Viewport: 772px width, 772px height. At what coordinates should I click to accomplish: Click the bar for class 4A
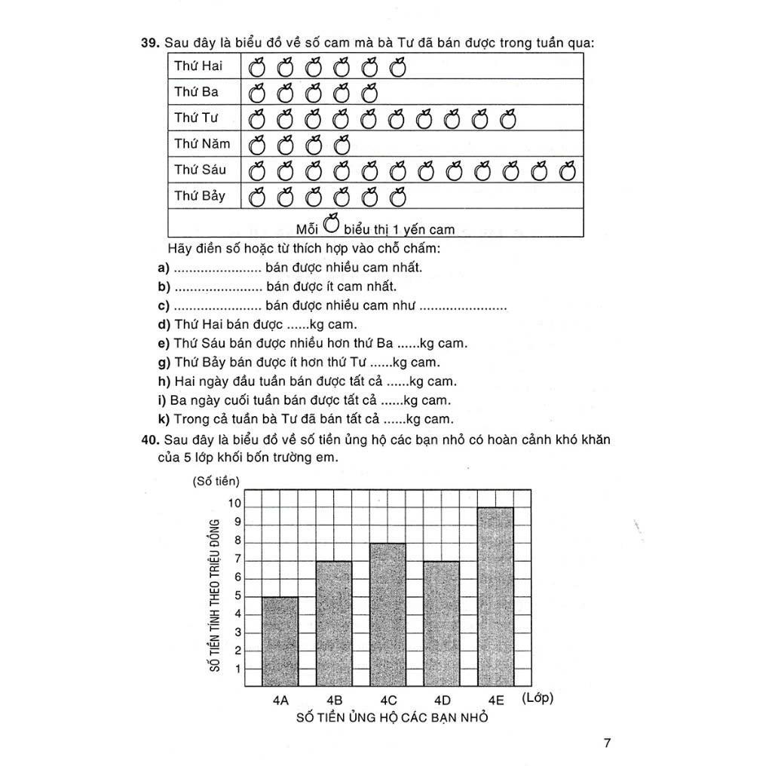(280, 642)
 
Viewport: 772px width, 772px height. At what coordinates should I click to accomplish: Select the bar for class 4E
(495, 597)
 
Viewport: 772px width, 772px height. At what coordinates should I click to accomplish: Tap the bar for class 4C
(388, 615)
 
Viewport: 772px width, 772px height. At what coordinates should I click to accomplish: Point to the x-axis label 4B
(335, 700)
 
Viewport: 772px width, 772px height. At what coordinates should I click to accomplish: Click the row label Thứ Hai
(198, 66)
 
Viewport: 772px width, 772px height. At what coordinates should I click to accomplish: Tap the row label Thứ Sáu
(200, 170)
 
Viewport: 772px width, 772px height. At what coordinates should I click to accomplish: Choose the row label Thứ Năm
(202, 143)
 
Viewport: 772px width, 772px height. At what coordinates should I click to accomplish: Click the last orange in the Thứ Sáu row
(568, 171)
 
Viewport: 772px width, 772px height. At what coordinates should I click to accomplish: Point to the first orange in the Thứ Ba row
(258, 93)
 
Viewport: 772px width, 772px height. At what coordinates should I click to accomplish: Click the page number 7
(607, 743)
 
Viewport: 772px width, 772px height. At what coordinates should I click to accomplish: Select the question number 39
(150, 43)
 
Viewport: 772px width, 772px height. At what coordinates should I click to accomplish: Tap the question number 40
(150, 440)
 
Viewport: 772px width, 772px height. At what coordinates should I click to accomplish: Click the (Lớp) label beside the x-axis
(537, 698)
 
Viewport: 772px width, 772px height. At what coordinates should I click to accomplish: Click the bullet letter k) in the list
(164, 419)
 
